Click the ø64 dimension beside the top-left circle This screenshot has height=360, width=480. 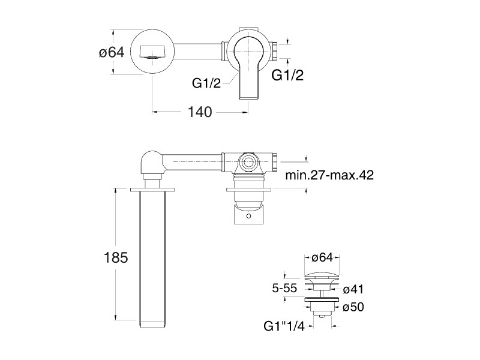(112, 52)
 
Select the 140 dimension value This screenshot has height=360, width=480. (200, 112)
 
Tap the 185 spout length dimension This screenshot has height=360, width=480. (116, 257)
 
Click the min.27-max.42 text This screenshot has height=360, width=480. (329, 175)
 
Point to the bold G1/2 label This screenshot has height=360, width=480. (287, 75)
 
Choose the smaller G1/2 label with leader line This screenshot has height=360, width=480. (206, 83)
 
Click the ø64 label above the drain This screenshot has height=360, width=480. (322, 258)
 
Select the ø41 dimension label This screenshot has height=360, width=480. (353, 289)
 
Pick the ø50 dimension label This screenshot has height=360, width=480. (353, 307)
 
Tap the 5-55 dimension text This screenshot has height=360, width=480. (284, 288)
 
